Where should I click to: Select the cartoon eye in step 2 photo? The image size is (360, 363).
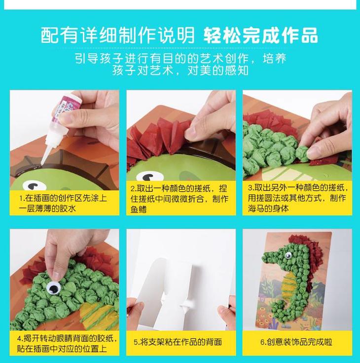tap(149, 177)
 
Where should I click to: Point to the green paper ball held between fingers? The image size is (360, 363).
tap(302, 153)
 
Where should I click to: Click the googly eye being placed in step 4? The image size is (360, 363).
tap(53, 288)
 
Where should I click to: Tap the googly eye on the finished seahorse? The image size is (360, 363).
tap(288, 255)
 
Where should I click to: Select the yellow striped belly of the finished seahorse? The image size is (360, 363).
tap(289, 284)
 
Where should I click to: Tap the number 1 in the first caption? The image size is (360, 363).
tap(21, 198)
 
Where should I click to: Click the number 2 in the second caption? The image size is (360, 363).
tap(133, 189)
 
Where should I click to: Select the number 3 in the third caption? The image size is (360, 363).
tap(250, 188)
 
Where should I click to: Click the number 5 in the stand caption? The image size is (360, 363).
tap(136, 342)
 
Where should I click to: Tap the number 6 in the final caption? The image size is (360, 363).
tap(262, 342)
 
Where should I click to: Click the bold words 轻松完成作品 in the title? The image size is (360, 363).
tap(261, 36)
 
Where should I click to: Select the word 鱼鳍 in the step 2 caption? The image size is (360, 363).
tap(139, 209)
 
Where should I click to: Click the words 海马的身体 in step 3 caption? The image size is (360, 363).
tap(268, 208)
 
